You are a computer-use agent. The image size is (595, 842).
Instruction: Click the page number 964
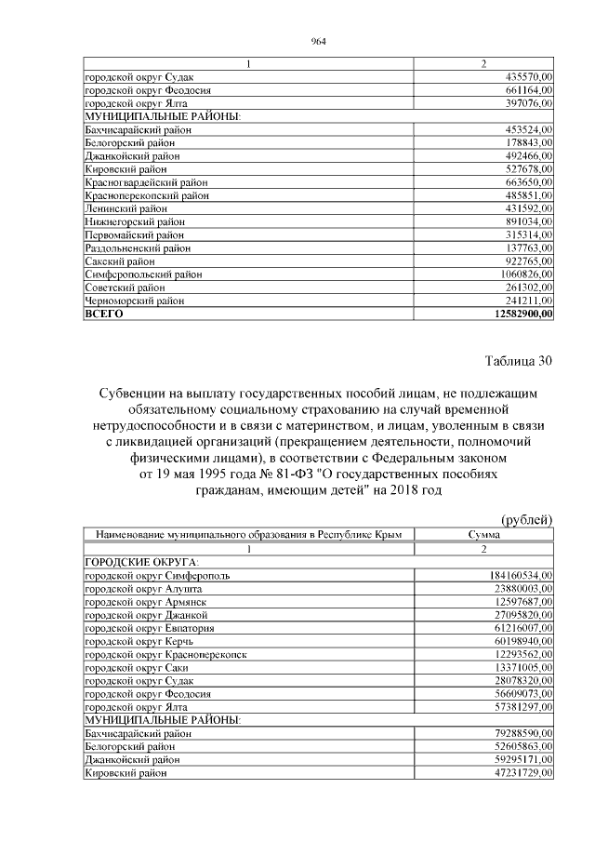coord(318,40)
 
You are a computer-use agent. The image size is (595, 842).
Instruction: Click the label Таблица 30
coord(518,362)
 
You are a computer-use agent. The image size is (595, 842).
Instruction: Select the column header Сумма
coord(483,535)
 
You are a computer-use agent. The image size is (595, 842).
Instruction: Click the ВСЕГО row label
coord(103,314)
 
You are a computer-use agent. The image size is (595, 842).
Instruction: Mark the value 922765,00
coord(526,262)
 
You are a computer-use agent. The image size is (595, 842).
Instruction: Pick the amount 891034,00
coord(526,223)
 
